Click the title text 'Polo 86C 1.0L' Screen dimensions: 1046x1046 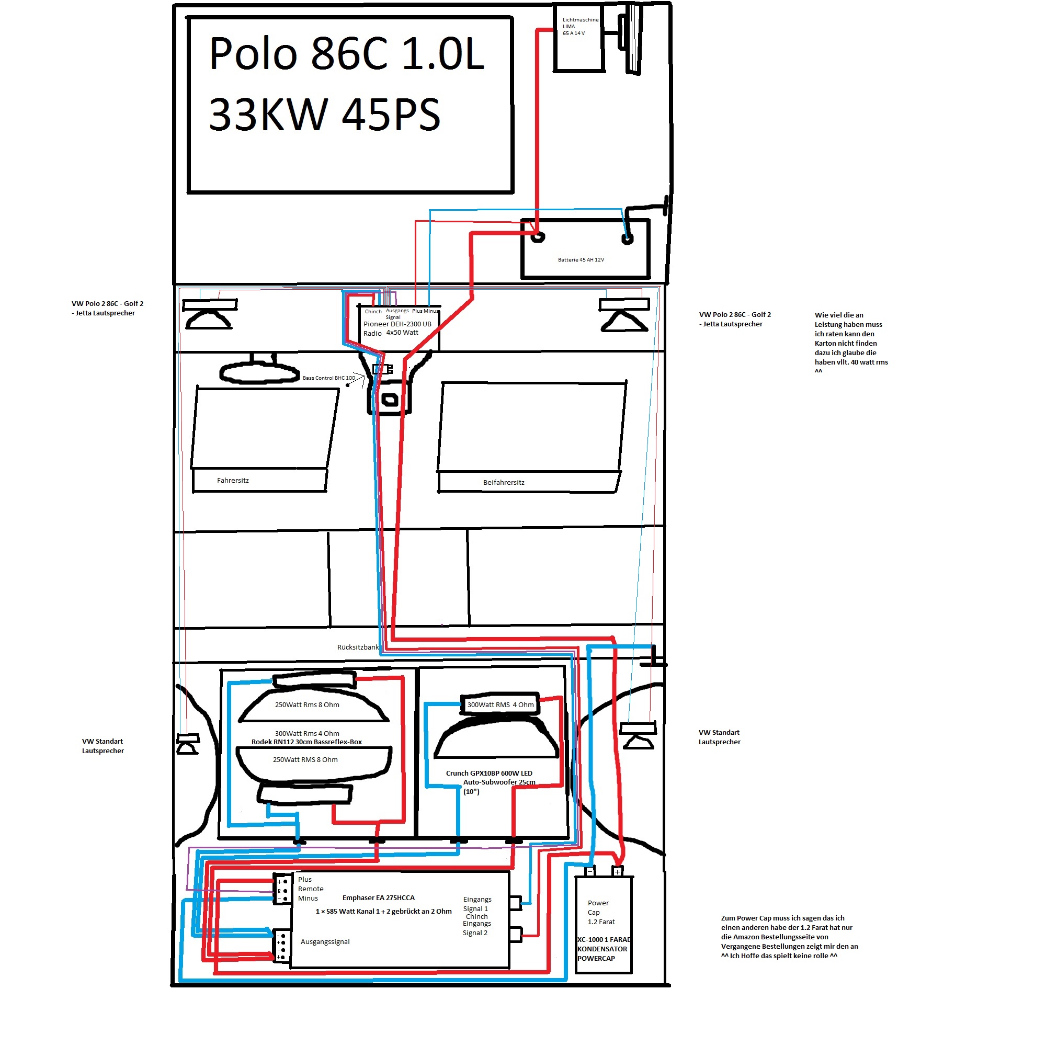pos(347,54)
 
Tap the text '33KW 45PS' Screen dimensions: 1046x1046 pos(325,115)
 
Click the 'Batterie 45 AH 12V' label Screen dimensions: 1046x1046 pos(581,260)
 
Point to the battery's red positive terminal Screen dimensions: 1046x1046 pos(538,236)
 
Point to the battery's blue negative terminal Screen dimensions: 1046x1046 pos(628,239)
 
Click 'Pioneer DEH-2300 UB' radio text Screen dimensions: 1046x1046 pos(397,324)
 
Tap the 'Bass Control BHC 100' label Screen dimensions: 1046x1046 pos(328,378)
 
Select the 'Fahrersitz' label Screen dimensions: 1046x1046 pos(233,480)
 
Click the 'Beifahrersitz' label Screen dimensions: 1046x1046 pos(504,482)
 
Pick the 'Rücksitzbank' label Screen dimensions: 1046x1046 pos(358,647)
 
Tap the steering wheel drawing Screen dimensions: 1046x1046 pos(259,372)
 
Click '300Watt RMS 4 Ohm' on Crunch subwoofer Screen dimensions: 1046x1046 pos(501,705)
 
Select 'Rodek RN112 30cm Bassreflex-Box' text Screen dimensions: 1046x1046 pos(306,742)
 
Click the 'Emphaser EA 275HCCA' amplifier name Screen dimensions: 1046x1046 pos(379,897)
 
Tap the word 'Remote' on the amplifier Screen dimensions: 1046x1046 pos(311,889)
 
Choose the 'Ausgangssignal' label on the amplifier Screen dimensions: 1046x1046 pos(325,941)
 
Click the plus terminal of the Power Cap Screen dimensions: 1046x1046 pos(617,872)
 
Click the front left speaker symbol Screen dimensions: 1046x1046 pos(210,314)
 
